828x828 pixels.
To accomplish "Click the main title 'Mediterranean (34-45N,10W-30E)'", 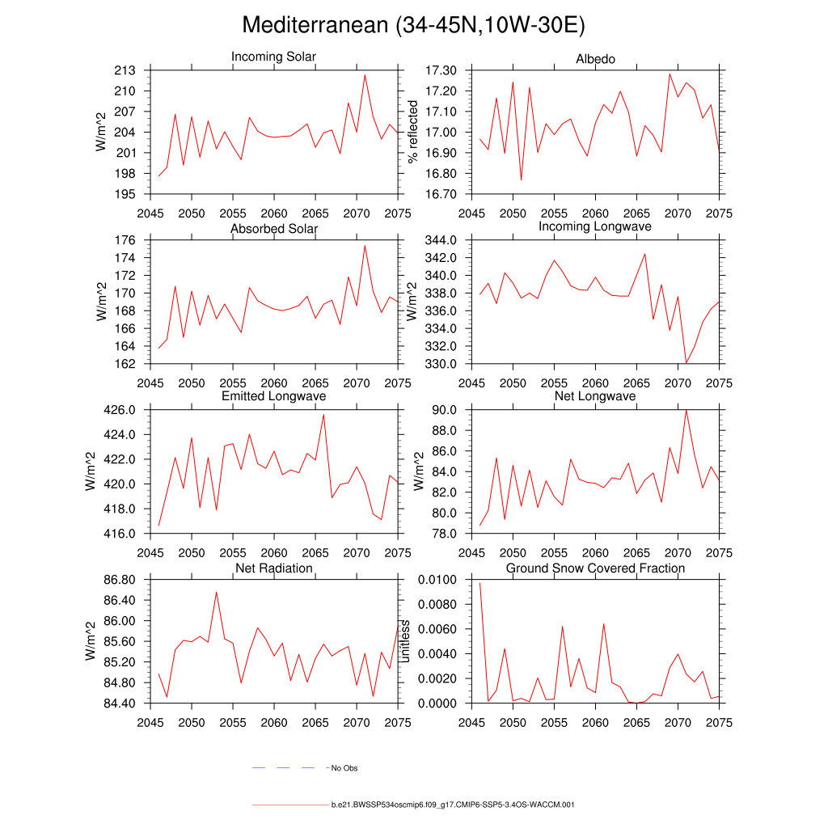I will [x=413, y=25].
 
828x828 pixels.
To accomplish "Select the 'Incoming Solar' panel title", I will [x=273, y=57].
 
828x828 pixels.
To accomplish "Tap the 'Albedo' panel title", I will [x=595, y=59].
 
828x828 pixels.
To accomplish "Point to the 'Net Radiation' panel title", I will [x=273, y=568].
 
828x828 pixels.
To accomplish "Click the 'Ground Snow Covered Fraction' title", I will [x=595, y=568].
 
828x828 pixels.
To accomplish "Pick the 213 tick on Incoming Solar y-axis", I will [x=125, y=70].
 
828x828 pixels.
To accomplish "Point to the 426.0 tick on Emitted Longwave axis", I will [x=123, y=410].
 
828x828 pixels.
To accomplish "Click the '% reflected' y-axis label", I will [x=413, y=132].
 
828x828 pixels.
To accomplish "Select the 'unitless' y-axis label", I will [x=406, y=641].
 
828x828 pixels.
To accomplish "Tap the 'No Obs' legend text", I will [x=344, y=768].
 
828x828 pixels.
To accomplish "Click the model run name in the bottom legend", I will [x=453, y=805].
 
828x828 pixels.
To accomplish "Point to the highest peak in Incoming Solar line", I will [x=365, y=75].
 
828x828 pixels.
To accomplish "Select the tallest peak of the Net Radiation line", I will [x=216, y=592].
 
